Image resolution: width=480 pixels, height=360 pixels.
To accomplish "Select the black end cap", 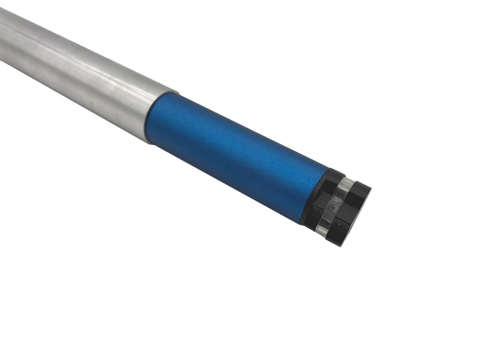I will point(336,204).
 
